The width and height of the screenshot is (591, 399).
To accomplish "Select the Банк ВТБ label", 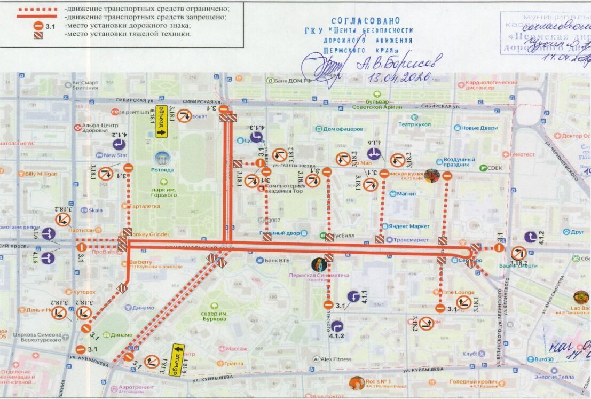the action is [277, 261].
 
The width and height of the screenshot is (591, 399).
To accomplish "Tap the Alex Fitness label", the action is [336, 359].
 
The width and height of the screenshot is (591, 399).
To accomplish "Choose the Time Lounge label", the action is [458, 293].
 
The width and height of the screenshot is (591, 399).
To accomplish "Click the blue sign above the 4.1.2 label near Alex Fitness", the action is [335, 325].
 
